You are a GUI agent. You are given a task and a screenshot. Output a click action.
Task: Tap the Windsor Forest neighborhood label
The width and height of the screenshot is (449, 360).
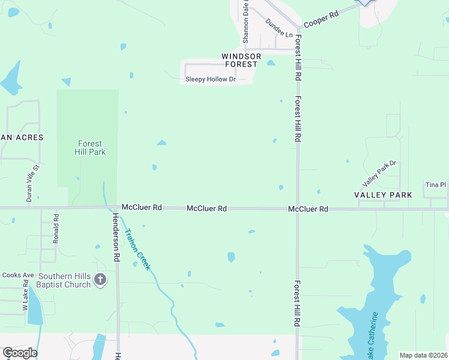pyautogui.click(x=241, y=60)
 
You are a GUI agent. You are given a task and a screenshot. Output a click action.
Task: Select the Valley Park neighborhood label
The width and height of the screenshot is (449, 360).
pyautogui.click(x=383, y=195)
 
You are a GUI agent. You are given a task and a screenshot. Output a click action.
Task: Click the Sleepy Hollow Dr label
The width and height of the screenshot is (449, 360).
pyautogui.click(x=210, y=79)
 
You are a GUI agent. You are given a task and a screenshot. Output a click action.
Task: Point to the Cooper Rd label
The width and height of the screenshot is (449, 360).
pyautogui.click(x=321, y=20)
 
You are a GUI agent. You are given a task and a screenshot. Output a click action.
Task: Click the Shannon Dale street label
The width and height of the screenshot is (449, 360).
pyautogui.click(x=246, y=22)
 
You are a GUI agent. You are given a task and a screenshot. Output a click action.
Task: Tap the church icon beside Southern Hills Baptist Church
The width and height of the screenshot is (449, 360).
pyautogui.click(x=100, y=280)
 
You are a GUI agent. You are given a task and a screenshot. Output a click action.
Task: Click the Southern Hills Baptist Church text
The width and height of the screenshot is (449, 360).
pyautogui.click(x=64, y=280)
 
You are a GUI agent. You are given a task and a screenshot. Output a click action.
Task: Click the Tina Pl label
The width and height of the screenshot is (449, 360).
pyautogui.click(x=436, y=185)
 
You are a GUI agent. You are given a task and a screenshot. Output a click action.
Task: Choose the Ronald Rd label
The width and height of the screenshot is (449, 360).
pyautogui.click(x=56, y=228)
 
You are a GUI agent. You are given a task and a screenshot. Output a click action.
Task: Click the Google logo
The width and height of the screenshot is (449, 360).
pyautogui.click(x=19, y=353)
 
